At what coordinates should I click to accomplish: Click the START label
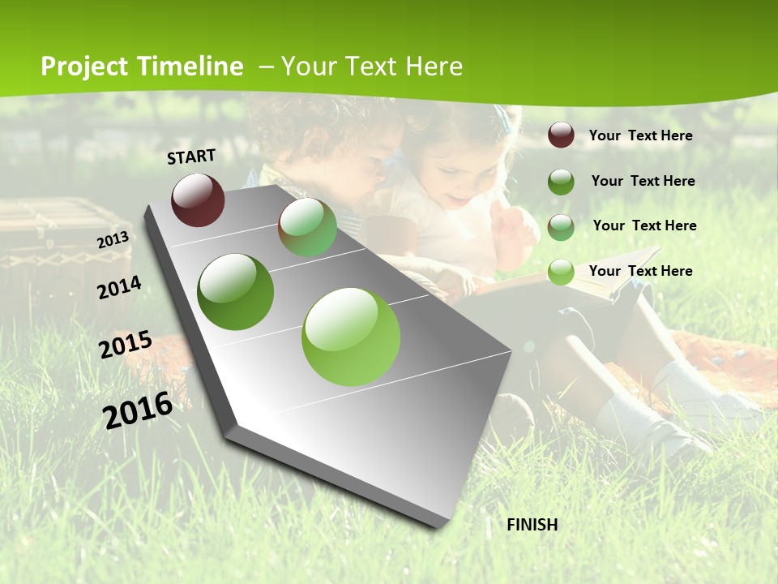tap(191, 156)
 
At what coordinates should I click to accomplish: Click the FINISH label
tap(532, 525)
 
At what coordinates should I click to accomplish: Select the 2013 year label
tap(113, 240)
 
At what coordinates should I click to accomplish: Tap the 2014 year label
tap(119, 288)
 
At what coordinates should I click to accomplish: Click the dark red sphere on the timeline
tap(198, 200)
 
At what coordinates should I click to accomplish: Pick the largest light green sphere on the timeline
tap(351, 337)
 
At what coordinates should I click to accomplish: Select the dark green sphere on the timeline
tap(235, 292)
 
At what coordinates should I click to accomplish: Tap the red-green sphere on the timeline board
tap(307, 228)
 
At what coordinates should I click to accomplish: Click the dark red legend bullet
tap(561, 135)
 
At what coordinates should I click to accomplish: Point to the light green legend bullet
tap(561, 272)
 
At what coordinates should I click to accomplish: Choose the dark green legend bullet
tap(561, 182)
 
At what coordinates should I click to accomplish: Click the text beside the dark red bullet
tap(640, 135)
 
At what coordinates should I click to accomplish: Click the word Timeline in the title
tap(190, 67)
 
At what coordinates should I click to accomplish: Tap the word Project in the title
tap(83, 67)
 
